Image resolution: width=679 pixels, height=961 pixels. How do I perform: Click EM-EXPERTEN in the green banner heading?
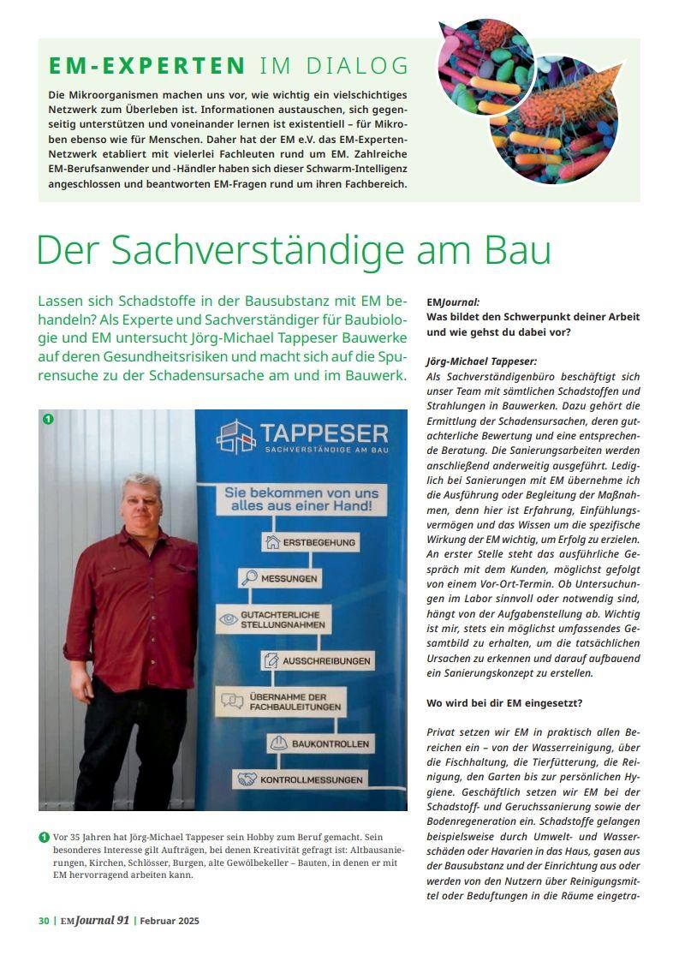(147, 65)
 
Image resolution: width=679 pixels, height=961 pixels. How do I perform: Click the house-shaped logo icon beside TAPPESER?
(236, 436)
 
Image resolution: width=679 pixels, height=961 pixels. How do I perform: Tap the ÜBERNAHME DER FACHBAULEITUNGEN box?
(283, 701)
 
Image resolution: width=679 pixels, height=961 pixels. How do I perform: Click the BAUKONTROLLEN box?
(321, 743)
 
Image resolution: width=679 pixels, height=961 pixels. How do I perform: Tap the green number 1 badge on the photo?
(49, 419)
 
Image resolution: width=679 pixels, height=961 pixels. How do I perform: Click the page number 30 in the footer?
(44, 921)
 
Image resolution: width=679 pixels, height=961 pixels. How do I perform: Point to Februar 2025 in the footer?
(170, 921)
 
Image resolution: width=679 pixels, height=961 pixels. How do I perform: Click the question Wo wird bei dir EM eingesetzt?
(504, 703)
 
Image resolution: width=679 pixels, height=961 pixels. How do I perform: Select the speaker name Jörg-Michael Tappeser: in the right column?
(481, 361)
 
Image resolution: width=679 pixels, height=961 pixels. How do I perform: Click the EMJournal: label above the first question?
(453, 302)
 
